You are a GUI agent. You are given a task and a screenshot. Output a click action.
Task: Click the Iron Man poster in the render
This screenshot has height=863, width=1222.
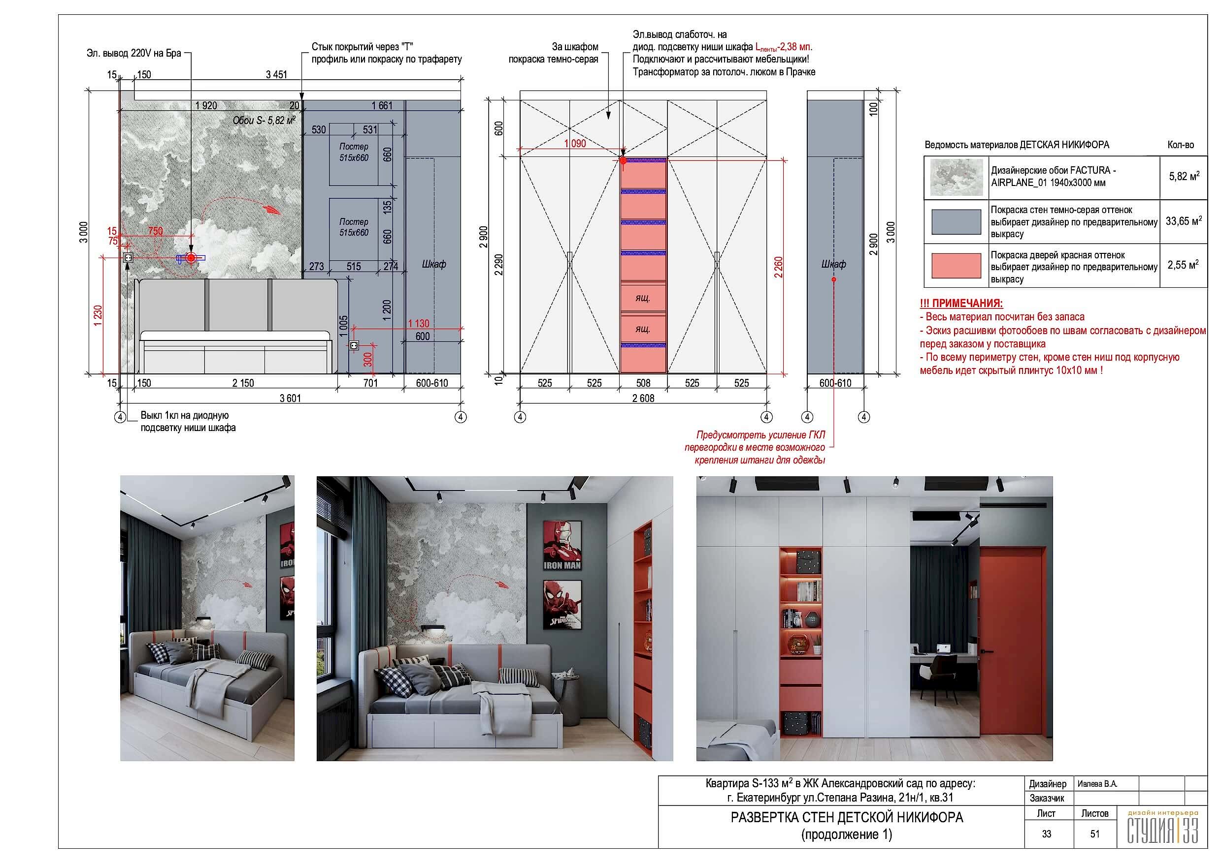click(562, 546)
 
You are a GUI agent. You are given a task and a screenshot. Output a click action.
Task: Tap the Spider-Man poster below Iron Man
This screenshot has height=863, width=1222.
click(562, 605)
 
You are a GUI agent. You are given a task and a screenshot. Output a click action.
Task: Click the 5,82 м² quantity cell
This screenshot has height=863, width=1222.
click(1184, 177)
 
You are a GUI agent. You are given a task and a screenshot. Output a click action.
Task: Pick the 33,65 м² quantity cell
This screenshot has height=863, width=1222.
click(1184, 221)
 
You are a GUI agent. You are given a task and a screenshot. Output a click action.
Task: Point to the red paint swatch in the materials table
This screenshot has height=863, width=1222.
click(956, 265)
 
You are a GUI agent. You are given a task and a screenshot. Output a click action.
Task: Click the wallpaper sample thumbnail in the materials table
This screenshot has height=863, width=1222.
click(956, 178)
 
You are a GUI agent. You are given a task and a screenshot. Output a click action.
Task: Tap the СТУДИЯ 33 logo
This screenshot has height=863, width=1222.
click(1162, 828)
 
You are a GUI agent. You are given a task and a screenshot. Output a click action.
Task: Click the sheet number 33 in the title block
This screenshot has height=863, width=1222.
click(1046, 834)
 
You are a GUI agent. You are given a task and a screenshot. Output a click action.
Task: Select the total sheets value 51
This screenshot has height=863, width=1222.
click(1095, 834)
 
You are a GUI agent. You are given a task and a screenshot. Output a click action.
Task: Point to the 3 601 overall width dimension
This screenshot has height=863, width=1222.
click(290, 398)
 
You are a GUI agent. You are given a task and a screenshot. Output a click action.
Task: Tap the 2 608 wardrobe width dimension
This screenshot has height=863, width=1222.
click(643, 398)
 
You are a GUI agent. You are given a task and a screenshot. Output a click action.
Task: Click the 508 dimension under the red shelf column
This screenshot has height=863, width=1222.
click(643, 383)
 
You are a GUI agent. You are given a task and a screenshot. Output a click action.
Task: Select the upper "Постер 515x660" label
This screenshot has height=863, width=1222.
click(354, 152)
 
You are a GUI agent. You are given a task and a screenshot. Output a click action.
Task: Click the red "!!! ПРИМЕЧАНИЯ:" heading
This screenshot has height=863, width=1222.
click(961, 303)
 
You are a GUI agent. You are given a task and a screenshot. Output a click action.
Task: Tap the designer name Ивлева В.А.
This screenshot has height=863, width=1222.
click(1097, 784)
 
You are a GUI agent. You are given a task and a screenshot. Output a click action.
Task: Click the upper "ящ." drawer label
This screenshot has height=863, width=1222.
click(642, 298)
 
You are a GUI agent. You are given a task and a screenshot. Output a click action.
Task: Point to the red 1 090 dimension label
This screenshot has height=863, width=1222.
click(575, 144)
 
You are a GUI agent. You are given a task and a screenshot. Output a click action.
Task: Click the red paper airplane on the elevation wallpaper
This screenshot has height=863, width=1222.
click(272, 209)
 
